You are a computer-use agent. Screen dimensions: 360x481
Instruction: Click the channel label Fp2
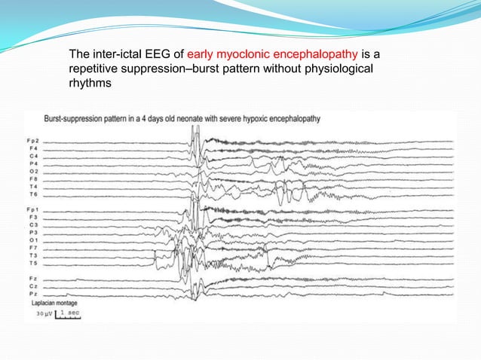point(32,141)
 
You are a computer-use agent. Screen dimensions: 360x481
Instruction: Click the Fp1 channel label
point(32,208)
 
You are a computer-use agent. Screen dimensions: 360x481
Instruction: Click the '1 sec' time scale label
point(69,312)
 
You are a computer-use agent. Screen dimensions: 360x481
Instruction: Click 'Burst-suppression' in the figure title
point(73,119)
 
